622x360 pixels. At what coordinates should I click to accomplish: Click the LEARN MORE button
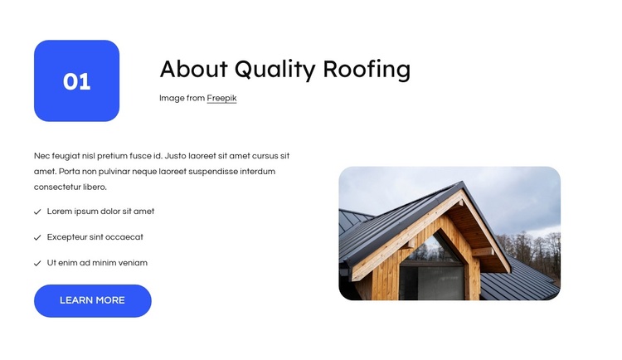92,300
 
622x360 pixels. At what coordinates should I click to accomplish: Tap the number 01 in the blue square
76,81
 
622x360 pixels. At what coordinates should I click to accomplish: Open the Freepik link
221,98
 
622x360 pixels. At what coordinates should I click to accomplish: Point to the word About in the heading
193,69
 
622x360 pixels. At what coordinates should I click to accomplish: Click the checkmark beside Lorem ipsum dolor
37,212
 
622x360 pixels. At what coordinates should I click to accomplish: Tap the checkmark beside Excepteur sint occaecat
37,238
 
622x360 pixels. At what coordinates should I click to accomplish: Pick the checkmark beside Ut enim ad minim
37,264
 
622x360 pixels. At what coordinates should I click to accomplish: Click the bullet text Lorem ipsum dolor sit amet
100,212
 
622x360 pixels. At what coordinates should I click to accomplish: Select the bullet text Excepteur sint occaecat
95,237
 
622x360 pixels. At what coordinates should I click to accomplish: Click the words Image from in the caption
182,98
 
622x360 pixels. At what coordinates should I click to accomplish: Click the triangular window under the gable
439,249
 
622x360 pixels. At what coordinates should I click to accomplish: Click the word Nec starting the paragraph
41,156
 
